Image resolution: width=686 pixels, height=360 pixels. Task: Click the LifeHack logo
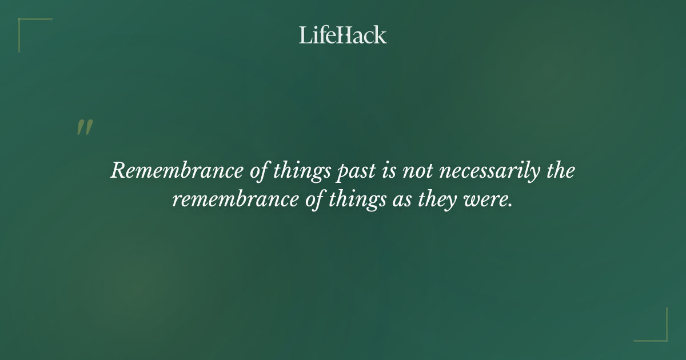pos(343,35)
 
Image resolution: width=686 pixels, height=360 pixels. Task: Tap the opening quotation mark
pos(84,127)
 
